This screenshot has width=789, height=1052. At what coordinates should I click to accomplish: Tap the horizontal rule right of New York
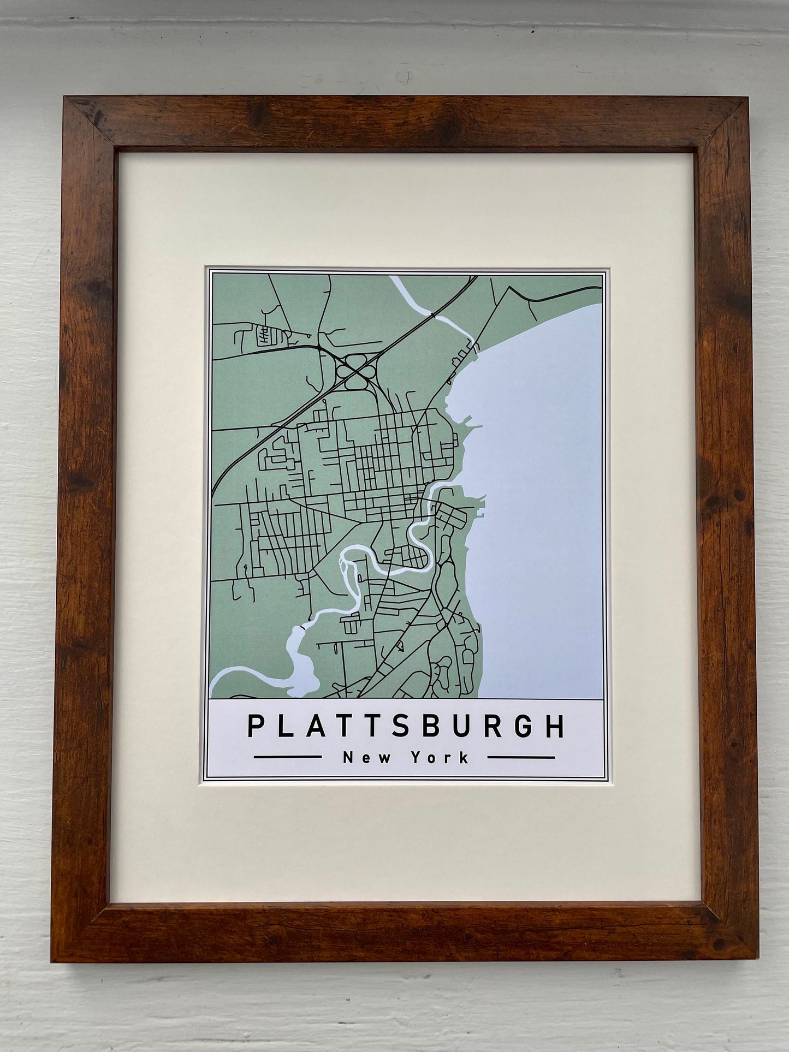521,757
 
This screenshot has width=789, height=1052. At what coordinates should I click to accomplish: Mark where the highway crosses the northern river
432,315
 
